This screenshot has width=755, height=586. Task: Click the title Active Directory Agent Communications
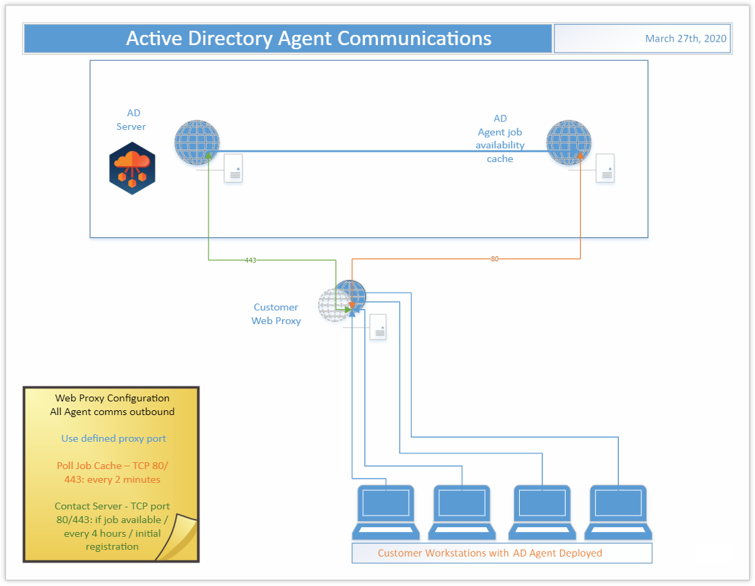(308, 38)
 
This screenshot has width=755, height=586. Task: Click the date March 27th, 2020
(685, 39)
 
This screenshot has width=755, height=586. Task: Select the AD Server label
(131, 120)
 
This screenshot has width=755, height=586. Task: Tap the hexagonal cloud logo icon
(132, 168)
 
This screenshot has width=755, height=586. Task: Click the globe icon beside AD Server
(197, 142)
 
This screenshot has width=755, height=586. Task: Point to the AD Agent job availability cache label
(500, 139)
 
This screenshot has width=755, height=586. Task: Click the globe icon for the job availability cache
(568, 142)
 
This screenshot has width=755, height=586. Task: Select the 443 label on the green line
(250, 260)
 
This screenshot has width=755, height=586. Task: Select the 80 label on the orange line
(494, 259)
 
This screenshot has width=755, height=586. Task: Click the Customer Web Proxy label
(276, 314)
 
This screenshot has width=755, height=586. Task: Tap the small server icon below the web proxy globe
(377, 327)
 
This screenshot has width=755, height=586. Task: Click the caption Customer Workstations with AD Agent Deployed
(490, 552)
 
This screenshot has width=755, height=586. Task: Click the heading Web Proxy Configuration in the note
(112, 398)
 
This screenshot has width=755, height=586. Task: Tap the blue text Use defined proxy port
(114, 438)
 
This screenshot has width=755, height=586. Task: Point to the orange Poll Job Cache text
(112, 472)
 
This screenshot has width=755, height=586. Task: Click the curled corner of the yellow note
(179, 540)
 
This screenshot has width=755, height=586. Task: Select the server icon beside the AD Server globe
(234, 168)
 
